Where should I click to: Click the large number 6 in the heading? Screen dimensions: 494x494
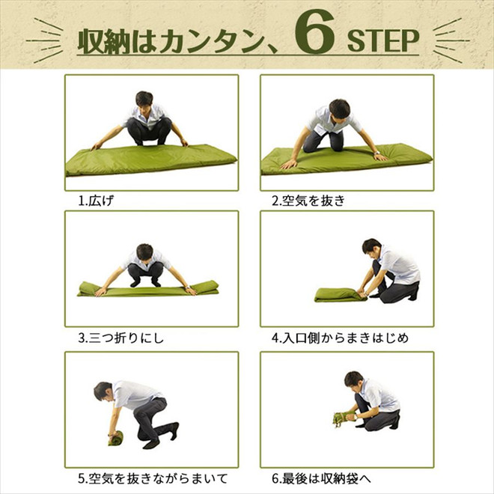point(314,32)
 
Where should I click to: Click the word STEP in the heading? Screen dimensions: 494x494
point(383,40)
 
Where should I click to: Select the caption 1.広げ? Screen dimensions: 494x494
point(96,201)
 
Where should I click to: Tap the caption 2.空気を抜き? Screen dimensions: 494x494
point(308,201)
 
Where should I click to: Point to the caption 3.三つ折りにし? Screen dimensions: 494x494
point(121,338)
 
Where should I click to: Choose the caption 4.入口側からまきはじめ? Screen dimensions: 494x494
point(340,338)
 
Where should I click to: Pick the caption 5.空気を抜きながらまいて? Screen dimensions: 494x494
point(153,478)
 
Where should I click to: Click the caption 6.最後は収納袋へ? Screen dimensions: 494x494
point(321,478)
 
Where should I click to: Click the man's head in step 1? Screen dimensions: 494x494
point(144,100)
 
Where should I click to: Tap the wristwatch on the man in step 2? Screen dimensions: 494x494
point(376,153)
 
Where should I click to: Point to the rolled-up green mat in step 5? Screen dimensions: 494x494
point(115,438)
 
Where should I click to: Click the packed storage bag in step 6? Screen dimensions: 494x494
point(346,418)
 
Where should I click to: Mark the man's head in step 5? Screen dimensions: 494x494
point(103,391)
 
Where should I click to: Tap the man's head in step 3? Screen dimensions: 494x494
point(144,253)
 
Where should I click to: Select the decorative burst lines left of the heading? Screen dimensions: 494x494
point(45,40)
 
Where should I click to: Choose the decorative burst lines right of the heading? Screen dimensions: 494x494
point(451,40)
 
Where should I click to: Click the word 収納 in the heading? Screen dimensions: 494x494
point(104,41)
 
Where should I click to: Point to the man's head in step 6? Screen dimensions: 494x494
point(353,379)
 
